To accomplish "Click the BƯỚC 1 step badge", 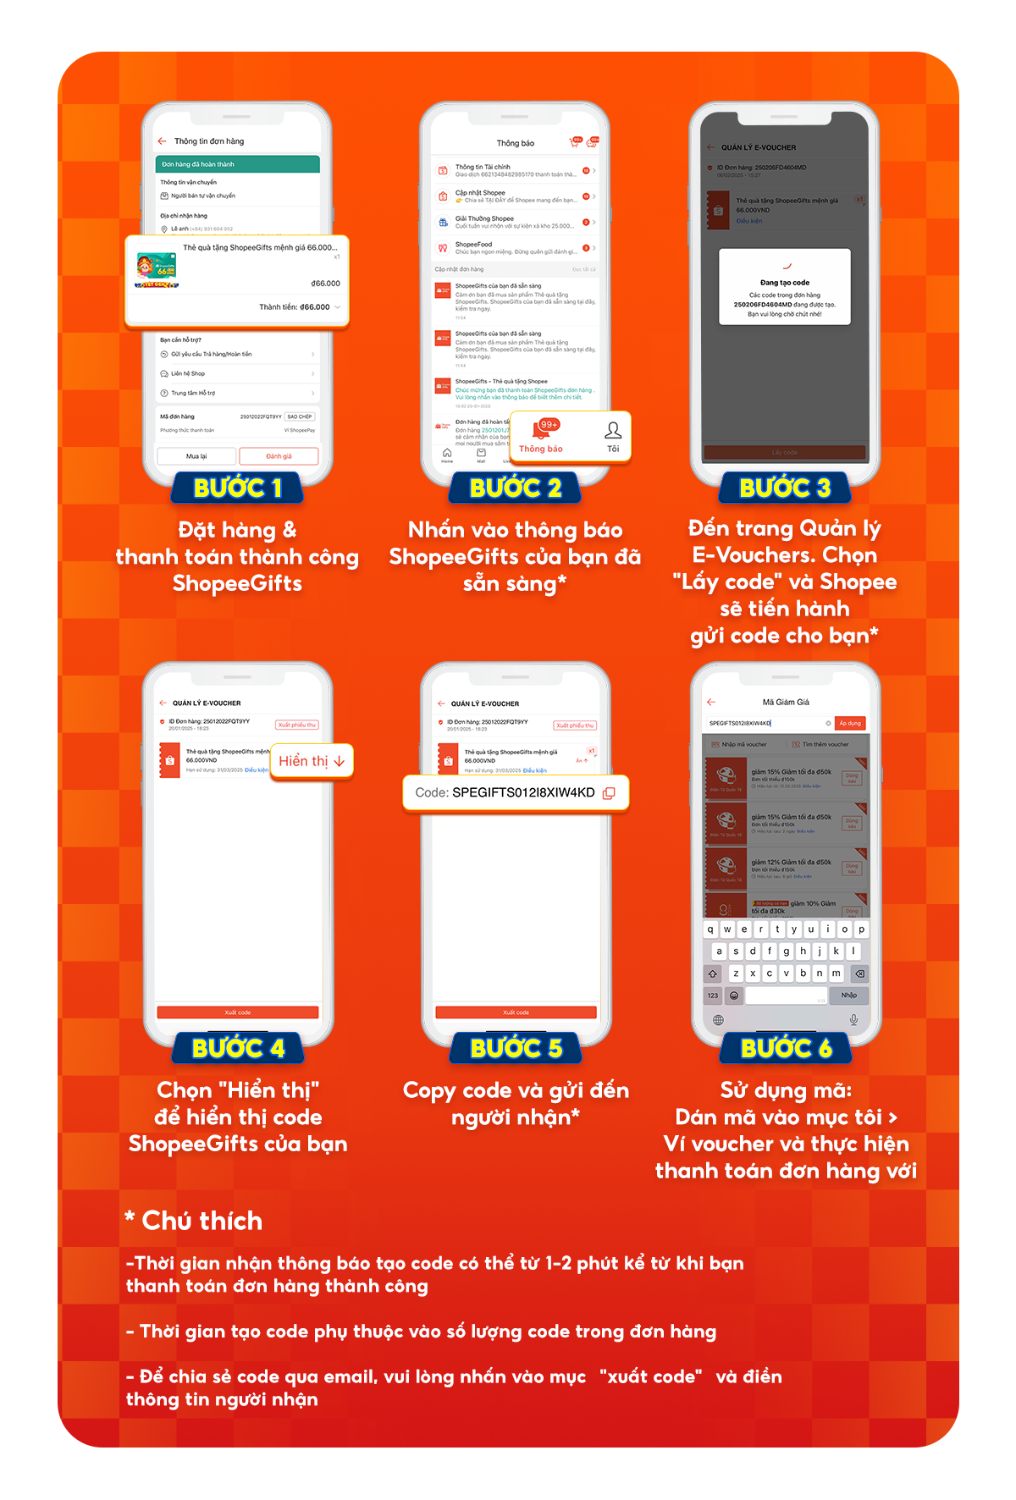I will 238,488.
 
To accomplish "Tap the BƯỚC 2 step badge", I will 515,488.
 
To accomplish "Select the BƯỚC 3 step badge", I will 785,488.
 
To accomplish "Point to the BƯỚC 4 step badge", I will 238,1048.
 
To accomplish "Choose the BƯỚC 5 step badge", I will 516,1048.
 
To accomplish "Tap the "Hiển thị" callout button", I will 311,761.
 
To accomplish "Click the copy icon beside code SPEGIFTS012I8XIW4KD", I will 609,793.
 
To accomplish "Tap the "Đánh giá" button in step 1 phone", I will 279,456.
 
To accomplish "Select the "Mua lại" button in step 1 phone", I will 196,456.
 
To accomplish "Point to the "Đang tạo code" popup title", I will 785,283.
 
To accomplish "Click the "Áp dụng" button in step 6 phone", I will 849,723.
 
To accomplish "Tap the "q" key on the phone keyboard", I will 710,929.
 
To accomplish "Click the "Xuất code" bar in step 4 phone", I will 238,1012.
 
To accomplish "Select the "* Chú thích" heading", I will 195,1221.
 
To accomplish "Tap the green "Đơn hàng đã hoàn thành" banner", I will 237,164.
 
